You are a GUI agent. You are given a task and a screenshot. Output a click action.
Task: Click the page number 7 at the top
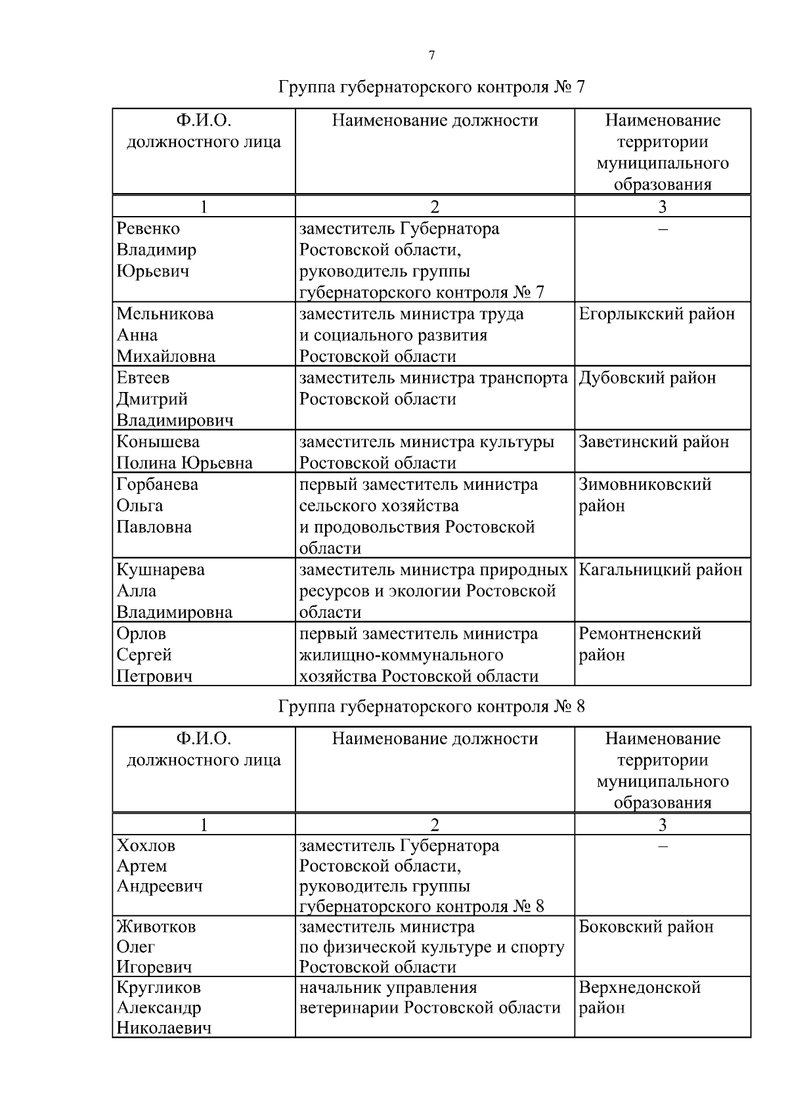coord(431,56)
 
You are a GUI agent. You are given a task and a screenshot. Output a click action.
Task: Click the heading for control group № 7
coord(431,87)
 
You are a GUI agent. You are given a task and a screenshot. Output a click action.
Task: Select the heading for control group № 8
coord(431,707)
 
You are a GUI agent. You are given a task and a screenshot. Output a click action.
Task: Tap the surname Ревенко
coord(148,229)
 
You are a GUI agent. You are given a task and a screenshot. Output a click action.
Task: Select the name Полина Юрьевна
coord(185,463)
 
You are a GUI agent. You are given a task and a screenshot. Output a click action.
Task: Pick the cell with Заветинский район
coord(653,442)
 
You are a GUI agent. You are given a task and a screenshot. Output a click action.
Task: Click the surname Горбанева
coord(157,485)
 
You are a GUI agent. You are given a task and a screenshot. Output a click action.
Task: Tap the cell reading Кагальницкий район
coord(660,570)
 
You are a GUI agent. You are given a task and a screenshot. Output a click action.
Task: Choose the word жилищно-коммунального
coord(401,655)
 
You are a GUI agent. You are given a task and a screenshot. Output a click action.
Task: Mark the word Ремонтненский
coord(640,634)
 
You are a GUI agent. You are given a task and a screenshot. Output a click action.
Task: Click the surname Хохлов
coord(146,846)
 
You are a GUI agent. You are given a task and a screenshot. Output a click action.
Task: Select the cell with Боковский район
coord(646,927)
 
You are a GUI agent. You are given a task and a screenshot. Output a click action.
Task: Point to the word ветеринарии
coord(349,1008)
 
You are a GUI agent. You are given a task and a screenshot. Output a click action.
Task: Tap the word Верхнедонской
coord(640,988)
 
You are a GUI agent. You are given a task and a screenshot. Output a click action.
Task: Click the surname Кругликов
coord(158,988)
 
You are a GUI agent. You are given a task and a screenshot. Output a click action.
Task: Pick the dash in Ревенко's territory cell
coord(663,229)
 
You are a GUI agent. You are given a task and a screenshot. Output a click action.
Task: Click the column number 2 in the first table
coord(434,207)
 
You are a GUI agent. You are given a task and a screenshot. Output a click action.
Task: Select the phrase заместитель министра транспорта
coord(433,378)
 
